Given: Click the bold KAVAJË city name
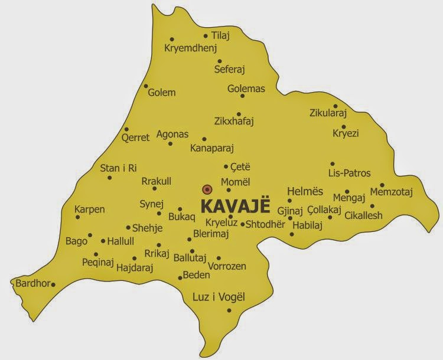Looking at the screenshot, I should tap(235, 207).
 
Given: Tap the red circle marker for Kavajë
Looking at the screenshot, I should tap(207, 189).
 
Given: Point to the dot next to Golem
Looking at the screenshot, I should tap(146, 86).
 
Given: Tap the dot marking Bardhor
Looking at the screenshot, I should tap(54, 285).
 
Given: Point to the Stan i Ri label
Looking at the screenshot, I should tap(118, 168).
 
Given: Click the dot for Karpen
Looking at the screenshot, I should tap(77, 217).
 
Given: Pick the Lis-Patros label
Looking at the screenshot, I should tap(349, 174).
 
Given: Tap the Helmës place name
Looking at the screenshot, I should tap(305, 191).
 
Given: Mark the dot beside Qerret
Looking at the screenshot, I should tap(126, 130).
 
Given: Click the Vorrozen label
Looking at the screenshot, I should tap(227, 267).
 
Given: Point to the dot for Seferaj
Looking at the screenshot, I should tap(219, 61).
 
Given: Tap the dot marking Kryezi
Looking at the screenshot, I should tap(344, 126).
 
